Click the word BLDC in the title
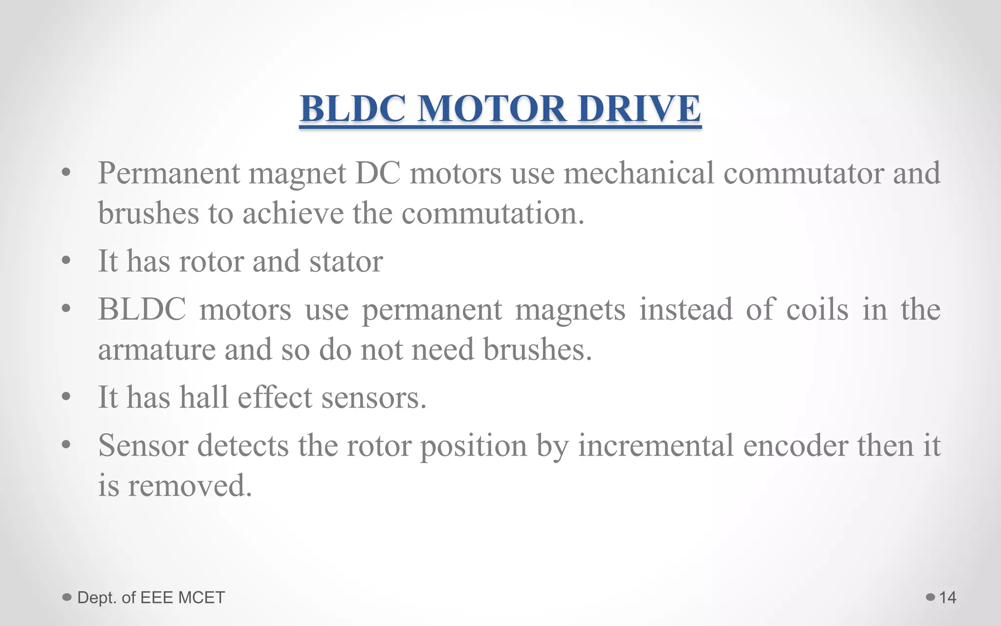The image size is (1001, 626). [352, 109]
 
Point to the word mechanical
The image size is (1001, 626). [639, 173]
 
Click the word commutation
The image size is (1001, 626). [493, 214]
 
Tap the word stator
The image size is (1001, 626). [346, 261]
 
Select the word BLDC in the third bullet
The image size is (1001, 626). [142, 309]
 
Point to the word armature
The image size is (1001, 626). [156, 350]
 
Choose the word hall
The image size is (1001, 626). [204, 397]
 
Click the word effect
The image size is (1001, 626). [275, 397]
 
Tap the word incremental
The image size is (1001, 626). [655, 446]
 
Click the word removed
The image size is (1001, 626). [190, 486]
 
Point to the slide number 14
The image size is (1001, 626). [948, 597]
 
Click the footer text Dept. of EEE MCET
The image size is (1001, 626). [151, 597]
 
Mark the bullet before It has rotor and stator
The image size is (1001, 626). [66, 261]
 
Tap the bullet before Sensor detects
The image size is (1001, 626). [66, 445]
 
